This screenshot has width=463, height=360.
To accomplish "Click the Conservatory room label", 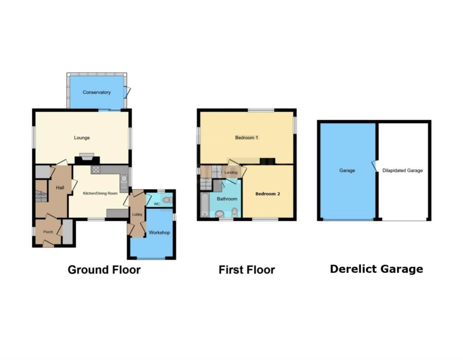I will point(96,93).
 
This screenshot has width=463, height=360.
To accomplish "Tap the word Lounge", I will point(82,138).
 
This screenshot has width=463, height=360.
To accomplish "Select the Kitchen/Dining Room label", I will point(100,193).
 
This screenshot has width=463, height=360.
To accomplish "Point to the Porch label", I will point(48,232).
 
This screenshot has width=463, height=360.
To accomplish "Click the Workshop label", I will point(159,233).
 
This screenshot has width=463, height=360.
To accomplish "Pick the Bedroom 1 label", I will point(246,138).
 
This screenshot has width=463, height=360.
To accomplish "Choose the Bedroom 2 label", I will point(268,194).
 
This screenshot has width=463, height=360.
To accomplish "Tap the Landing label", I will point(231,173).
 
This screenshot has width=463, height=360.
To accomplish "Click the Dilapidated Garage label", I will point(402,171).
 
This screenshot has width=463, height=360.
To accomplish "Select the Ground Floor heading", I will point(104,270).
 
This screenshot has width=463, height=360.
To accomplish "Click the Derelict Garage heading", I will point(376,269).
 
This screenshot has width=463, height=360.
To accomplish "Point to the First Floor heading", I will point(246,270).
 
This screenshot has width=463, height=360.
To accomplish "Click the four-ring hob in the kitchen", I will point(96,170).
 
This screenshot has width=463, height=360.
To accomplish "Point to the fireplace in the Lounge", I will point(86,157).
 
